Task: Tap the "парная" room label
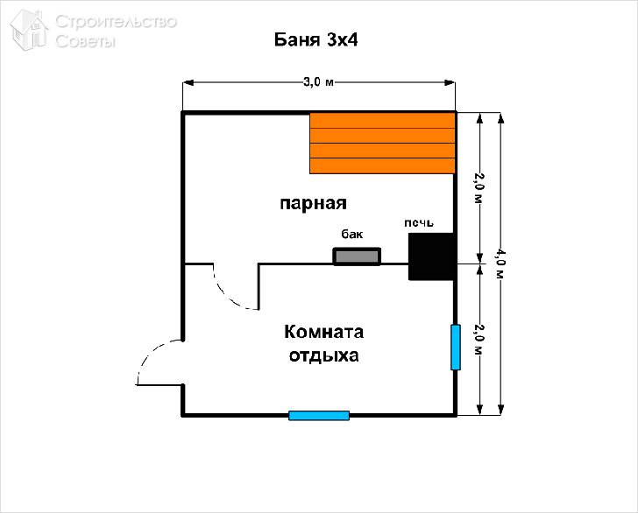click(x=314, y=203)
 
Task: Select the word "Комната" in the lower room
click(x=323, y=333)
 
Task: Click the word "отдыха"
click(x=323, y=356)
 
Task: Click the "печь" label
click(x=418, y=223)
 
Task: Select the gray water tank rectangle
click(x=357, y=256)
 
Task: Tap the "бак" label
click(x=351, y=235)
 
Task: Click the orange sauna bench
click(x=383, y=143)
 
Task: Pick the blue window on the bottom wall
click(x=319, y=415)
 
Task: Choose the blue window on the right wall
click(x=456, y=348)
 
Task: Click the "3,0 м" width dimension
click(x=318, y=83)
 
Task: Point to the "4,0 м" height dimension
click(x=500, y=263)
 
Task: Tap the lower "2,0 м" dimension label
click(x=478, y=339)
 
